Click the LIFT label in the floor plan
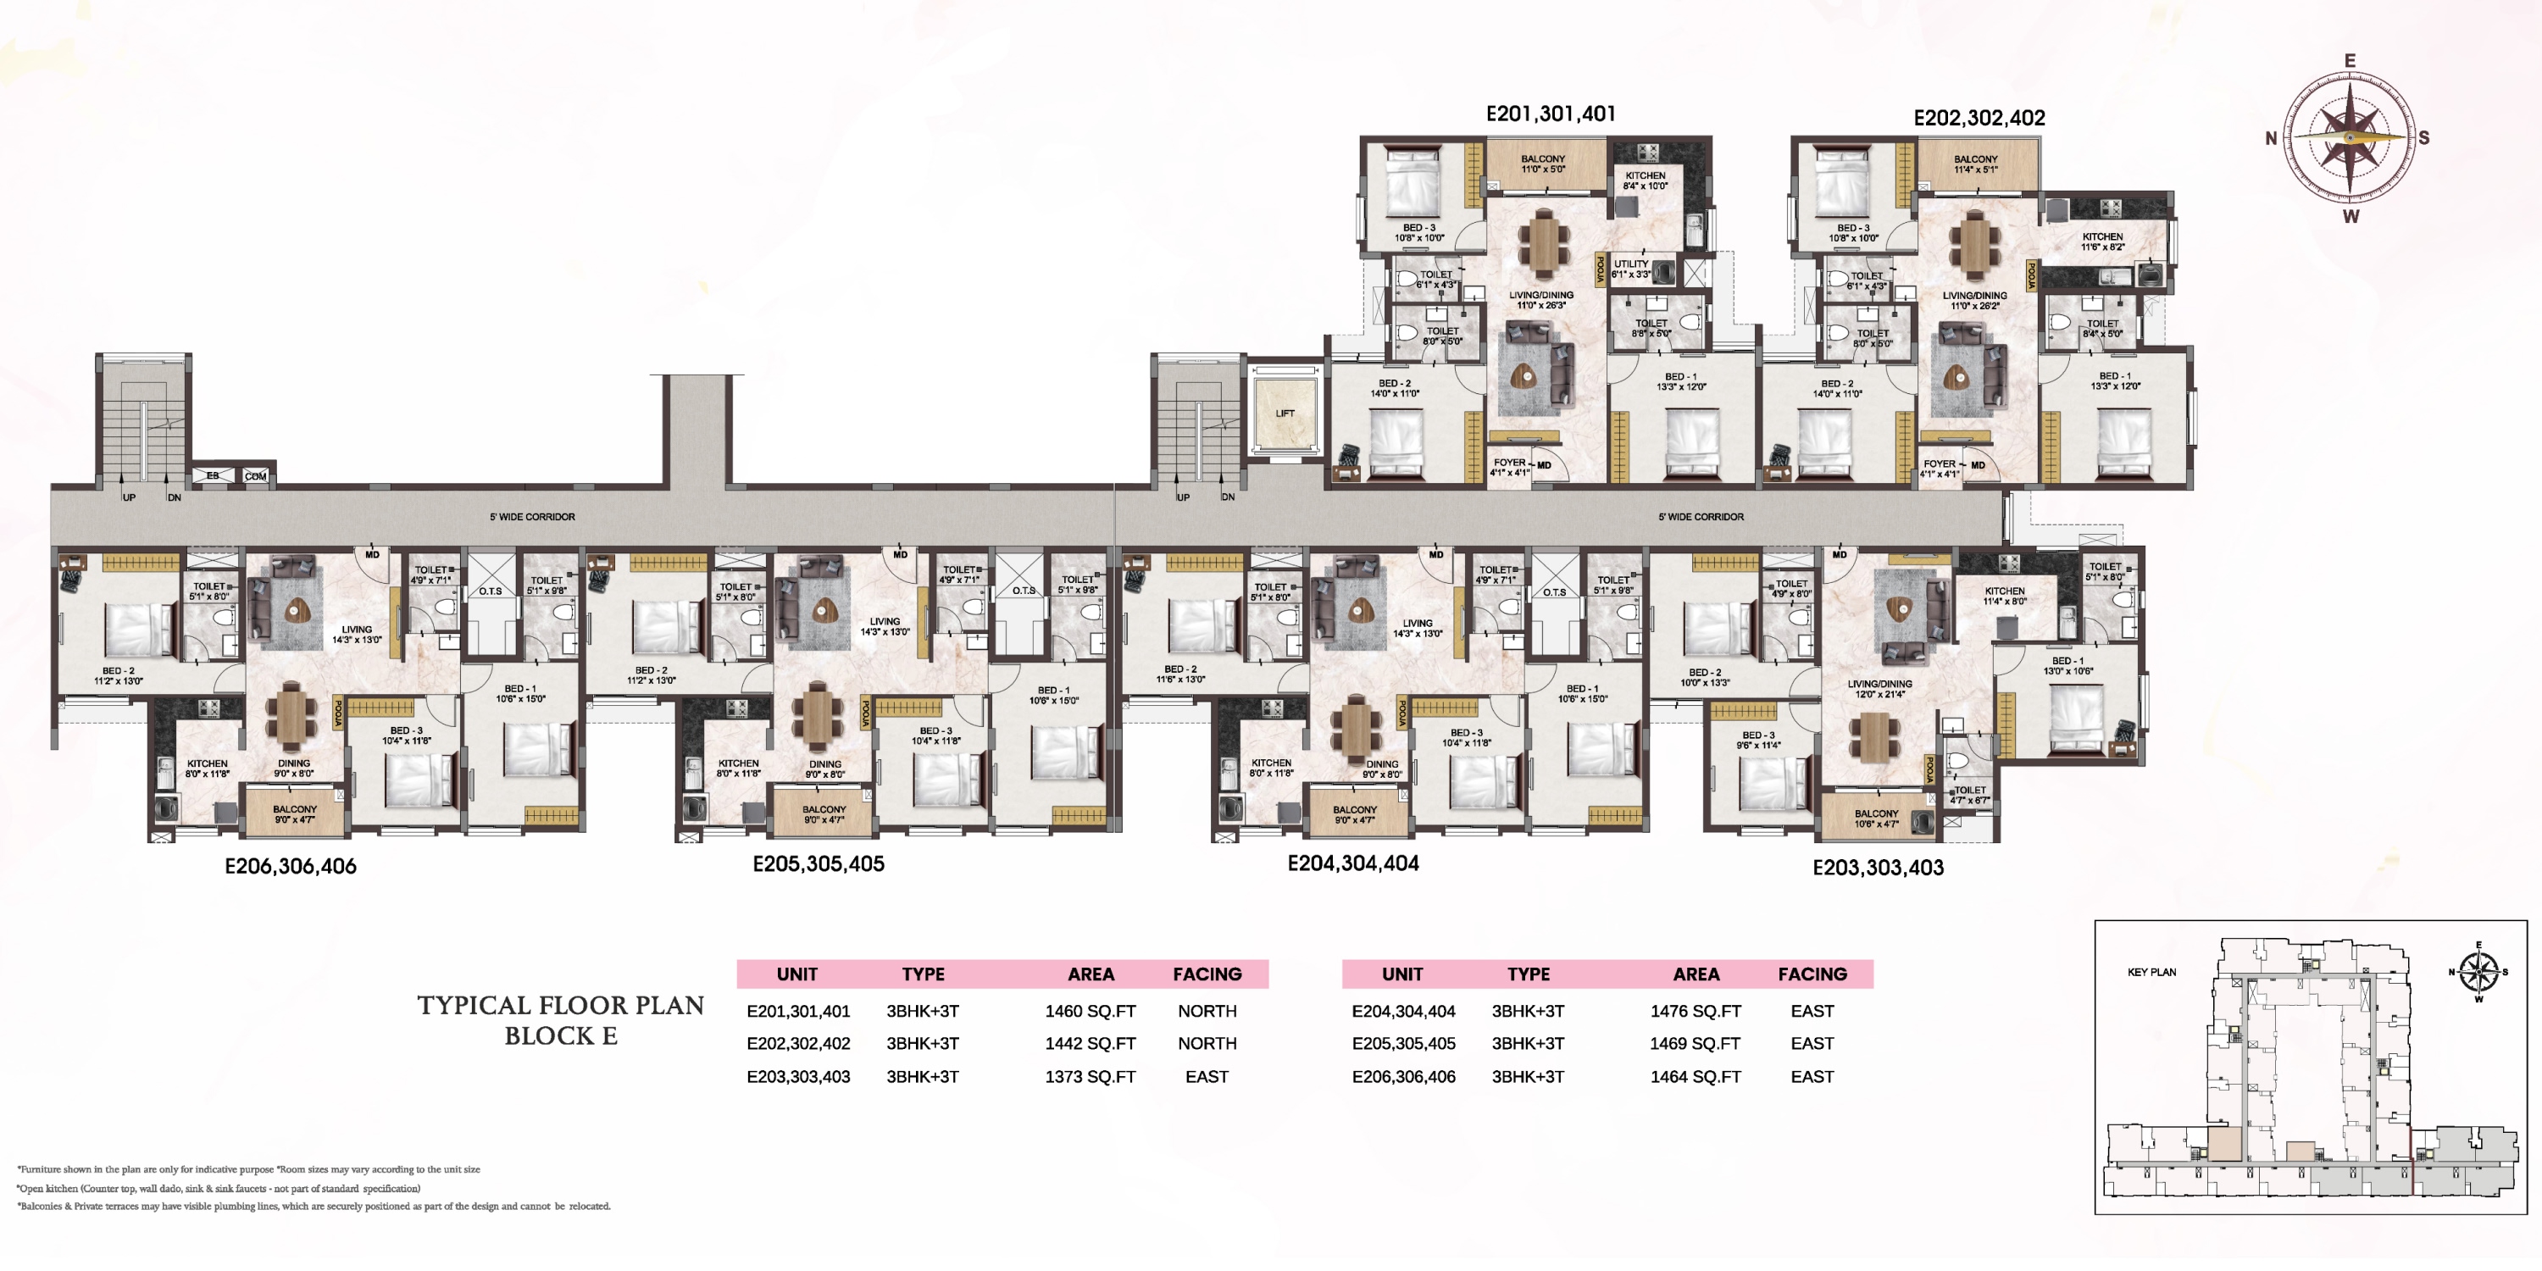pyautogui.click(x=1284, y=413)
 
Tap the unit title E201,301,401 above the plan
pyautogui.click(x=1551, y=114)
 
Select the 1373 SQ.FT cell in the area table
pyautogui.click(x=1090, y=1077)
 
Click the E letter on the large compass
pyautogui.click(x=2350, y=61)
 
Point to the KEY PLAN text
pyautogui.click(x=2151, y=972)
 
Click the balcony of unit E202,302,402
pyautogui.click(x=1976, y=164)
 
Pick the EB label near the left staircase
pyautogui.click(x=212, y=475)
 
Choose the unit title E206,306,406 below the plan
pyautogui.click(x=290, y=867)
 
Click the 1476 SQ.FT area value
pyautogui.click(x=1696, y=1012)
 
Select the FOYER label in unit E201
pyautogui.click(x=1509, y=463)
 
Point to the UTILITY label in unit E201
pyautogui.click(x=1630, y=264)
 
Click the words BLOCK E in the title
pyautogui.click(x=560, y=1036)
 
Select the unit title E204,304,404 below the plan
pyautogui.click(x=1353, y=863)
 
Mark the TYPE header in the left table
pyautogui.click(x=923, y=974)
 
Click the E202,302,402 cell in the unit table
pyautogui.click(x=797, y=1044)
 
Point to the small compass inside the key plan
pyautogui.click(x=2478, y=972)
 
